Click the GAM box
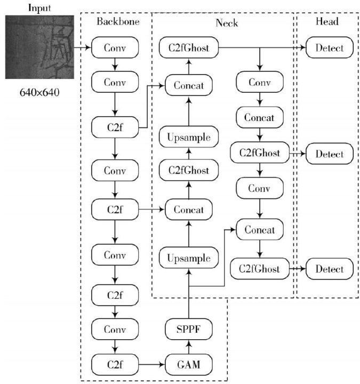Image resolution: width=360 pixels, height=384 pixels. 189,364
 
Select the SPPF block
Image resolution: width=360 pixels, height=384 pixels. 189,329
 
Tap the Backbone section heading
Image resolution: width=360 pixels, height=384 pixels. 118,21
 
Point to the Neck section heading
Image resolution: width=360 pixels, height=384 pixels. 227,23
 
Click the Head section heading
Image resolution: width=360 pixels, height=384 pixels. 327,21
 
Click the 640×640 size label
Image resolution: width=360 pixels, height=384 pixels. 39,93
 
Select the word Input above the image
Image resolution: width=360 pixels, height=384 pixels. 39,8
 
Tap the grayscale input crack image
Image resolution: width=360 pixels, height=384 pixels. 39,47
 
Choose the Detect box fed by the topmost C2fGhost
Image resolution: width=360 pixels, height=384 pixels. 330,47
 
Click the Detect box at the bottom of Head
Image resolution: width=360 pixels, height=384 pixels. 330,269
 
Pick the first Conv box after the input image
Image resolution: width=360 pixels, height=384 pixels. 115,47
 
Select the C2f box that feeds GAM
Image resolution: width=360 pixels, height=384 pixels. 115,364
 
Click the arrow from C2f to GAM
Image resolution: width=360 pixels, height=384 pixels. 152,364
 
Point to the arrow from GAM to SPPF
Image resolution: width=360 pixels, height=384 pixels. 189,347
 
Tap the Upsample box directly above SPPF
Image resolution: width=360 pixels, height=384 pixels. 189,258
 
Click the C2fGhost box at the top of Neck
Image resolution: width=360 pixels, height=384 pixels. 189,47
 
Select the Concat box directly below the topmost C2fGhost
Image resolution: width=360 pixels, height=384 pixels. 189,85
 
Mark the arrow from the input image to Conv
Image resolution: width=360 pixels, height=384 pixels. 83,47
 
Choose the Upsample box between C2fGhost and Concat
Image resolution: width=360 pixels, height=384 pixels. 189,137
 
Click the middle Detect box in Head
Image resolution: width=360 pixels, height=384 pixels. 330,154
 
